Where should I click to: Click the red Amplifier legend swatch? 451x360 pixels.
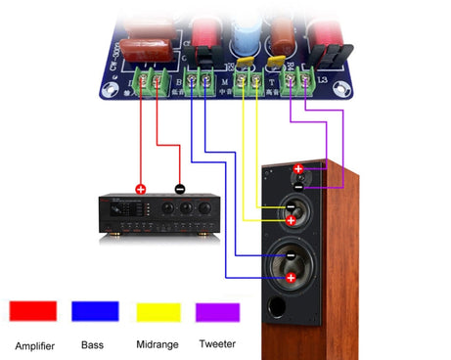tap(33, 311)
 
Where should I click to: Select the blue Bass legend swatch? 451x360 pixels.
tap(95, 311)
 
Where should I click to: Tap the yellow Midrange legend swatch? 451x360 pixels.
tap(158, 311)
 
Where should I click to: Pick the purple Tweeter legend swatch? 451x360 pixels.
tap(218, 311)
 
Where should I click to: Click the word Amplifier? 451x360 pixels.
tap(35, 345)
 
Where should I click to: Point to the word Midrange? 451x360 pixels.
tap(158, 345)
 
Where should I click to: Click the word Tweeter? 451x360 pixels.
tap(216, 345)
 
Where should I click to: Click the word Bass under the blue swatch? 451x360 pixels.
tap(93, 345)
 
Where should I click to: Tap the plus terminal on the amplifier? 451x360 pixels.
tap(140, 189)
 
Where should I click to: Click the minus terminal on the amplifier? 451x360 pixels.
tap(179, 189)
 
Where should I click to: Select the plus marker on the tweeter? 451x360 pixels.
tap(298, 169)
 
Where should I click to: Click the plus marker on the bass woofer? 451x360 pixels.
tap(291, 278)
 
